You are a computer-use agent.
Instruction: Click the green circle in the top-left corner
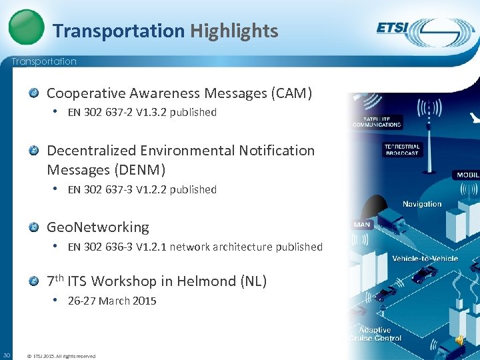(x=27, y=27)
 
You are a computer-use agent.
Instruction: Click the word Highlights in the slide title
(x=234, y=31)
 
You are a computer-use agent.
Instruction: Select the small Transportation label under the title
(x=44, y=61)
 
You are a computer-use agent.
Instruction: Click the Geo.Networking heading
(x=97, y=227)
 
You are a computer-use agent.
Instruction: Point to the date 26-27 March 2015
(x=112, y=301)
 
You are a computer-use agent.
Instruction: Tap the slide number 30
(x=6, y=353)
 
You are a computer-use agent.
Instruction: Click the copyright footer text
(x=61, y=356)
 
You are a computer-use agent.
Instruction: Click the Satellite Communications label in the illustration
(x=377, y=121)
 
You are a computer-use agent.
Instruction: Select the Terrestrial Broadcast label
(x=402, y=149)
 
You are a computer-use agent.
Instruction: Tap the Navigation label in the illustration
(x=422, y=204)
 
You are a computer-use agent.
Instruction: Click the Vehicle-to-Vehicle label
(x=425, y=258)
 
